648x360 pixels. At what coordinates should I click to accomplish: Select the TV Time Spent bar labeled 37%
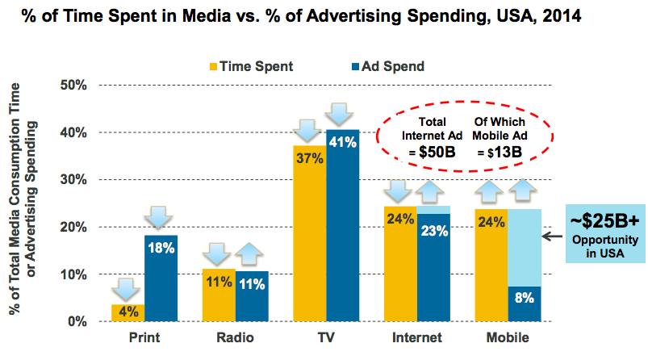(310, 234)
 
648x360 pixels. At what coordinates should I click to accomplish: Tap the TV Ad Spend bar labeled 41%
(343, 226)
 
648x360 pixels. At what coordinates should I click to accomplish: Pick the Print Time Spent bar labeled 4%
(128, 312)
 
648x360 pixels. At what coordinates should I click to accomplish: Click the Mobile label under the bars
(508, 337)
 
